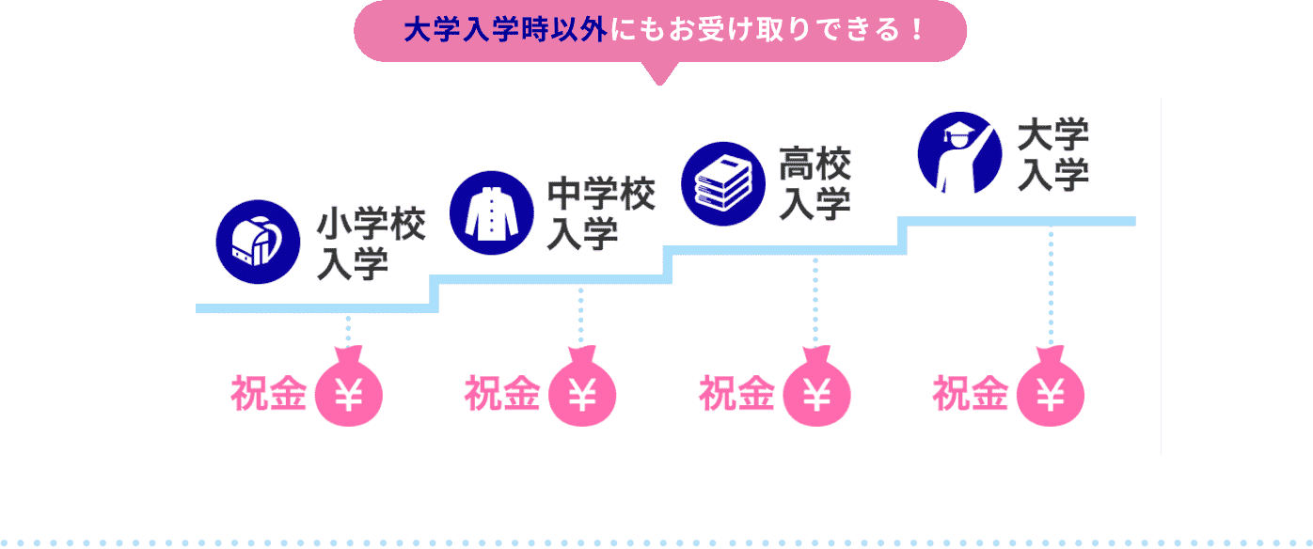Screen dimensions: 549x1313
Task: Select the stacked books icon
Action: [722, 182]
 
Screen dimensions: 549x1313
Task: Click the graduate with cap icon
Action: [958, 152]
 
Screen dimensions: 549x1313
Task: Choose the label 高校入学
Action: [815, 185]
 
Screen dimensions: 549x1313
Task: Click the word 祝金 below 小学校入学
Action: [269, 395]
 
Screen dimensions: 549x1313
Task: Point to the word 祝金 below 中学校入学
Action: [502, 395]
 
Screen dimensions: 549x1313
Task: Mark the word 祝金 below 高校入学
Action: [736, 395]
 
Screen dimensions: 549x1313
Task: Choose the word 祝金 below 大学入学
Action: [971, 395]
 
